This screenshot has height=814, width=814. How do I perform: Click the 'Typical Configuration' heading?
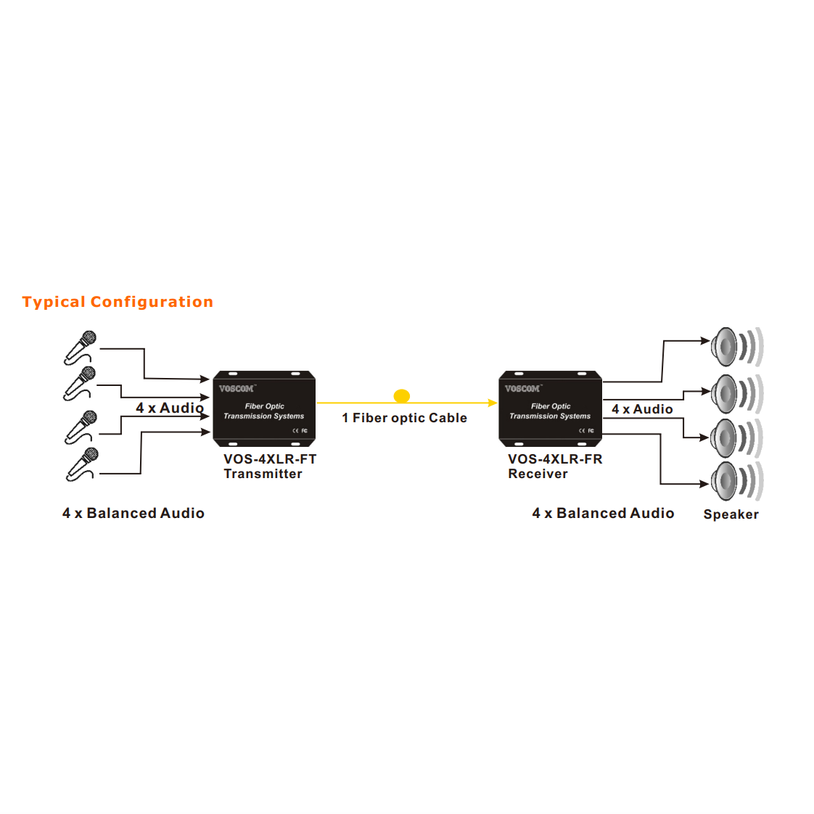pos(118,302)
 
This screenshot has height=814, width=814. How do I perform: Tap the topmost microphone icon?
pos(80,347)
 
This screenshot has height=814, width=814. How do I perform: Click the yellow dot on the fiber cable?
pos(402,395)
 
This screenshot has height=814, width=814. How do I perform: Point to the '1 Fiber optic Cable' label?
pos(404,418)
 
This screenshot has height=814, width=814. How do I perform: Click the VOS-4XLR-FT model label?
pos(270,459)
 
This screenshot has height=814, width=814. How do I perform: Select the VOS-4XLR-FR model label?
pos(555,459)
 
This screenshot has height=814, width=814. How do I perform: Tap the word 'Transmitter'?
pos(263,474)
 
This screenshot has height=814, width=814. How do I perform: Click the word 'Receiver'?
pos(538,474)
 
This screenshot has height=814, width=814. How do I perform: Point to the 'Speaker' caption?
pos(731,514)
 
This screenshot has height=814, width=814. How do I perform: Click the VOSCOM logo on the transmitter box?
pos(237,389)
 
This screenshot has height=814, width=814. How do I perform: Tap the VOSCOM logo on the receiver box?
pos(522,389)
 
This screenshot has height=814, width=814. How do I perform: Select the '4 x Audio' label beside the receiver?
pos(642,409)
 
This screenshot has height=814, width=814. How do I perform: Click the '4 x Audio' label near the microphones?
pos(169,408)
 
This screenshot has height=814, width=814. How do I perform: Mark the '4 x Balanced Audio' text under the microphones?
pos(133,513)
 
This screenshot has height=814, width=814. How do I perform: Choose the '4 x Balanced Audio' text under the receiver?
pos(603,513)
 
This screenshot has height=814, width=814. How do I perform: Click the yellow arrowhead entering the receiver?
pos(493,403)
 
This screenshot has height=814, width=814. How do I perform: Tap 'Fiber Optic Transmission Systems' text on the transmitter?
pos(264,411)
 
